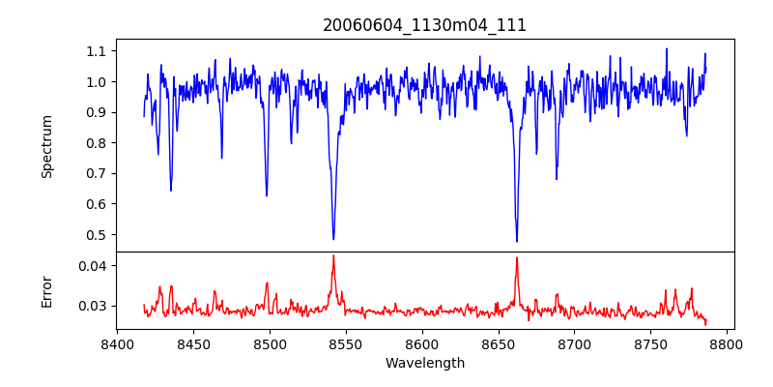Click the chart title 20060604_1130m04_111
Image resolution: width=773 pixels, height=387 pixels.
424,25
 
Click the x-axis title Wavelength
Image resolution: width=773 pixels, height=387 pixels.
424,364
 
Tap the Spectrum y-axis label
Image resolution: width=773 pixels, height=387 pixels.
47,146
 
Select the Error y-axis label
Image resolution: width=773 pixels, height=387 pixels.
47,290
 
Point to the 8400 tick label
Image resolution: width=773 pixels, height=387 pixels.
117,342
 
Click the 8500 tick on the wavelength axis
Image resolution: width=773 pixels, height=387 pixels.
270,342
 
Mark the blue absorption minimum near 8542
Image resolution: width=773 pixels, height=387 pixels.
333,239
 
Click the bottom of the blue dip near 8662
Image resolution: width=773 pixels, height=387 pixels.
517,242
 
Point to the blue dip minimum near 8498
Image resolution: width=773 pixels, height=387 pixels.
267,196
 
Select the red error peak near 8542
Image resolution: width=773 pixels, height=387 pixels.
333,255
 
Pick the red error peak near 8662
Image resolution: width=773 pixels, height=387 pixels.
517,257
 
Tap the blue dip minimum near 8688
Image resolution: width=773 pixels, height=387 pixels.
557,179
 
